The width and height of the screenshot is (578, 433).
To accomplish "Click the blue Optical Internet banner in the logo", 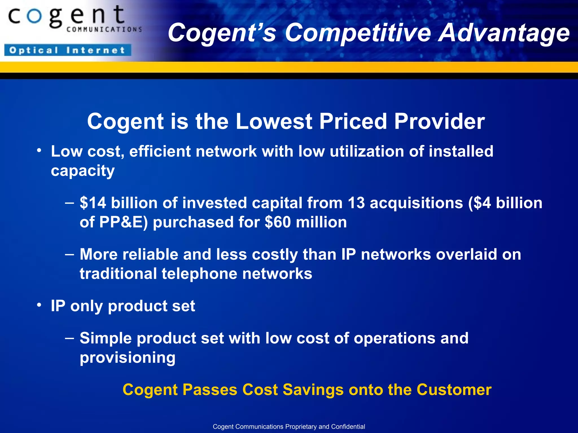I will coord(68,50).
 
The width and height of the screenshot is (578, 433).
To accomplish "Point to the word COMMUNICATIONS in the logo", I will coord(104,29).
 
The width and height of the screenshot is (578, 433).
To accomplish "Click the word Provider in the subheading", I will coord(439,121).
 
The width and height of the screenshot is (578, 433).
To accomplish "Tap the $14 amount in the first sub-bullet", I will coord(93,203).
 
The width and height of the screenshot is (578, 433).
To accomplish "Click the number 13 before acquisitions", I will coord(356,203).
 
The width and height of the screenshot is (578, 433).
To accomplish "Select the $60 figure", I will coord(278,222).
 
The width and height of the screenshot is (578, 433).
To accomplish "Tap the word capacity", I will coord(83,171).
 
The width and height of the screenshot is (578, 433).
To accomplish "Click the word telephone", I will coord(199,274).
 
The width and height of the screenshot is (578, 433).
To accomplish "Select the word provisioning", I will coord(128,358).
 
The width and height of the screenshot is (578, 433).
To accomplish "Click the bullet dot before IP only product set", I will coord(39,305).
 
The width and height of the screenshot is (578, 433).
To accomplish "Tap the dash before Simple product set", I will coord(69,338).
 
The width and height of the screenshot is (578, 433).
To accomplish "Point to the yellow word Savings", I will coord(313,390).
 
